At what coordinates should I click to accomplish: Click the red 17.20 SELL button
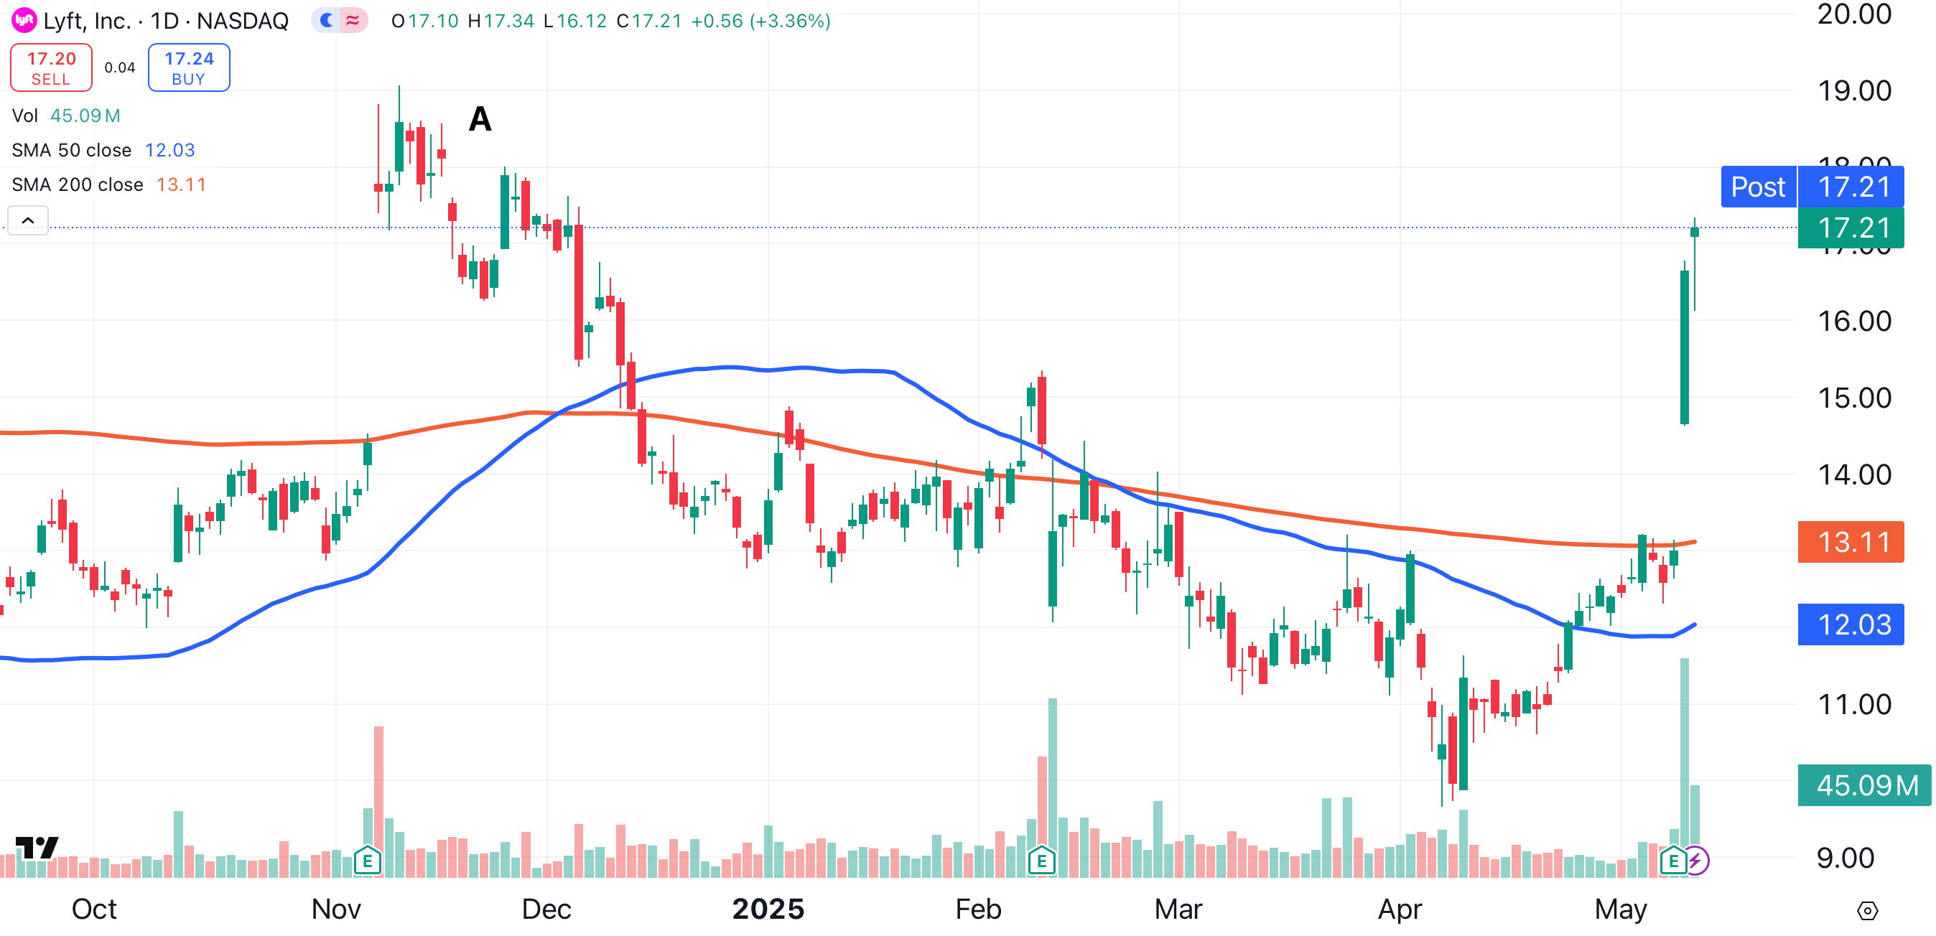tap(51, 67)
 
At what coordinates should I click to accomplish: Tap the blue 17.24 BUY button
tap(189, 67)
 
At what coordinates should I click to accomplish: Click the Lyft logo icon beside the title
tap(24, 20)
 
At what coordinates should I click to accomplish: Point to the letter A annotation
tap(480, 119)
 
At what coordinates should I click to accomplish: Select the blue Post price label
tap(1757, 187)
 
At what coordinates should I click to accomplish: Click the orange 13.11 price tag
tap(1850, 542)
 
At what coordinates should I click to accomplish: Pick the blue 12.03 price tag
tap(1850, 624)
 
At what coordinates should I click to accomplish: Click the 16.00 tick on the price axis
tap(1853, 321)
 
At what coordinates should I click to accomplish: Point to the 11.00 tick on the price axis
tap(1853, 704)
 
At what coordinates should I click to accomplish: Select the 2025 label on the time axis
tap(768, 909)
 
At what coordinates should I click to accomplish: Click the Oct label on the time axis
tap(94, 909)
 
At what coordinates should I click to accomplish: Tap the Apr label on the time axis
tap(1400, 909)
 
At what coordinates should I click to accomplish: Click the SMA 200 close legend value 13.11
tap(180, 184)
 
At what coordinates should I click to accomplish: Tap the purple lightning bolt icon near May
tap(1696, 860)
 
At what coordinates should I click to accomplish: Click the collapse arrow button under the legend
tap(28, 220)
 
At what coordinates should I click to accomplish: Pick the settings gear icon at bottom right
tap(1867, 910)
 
